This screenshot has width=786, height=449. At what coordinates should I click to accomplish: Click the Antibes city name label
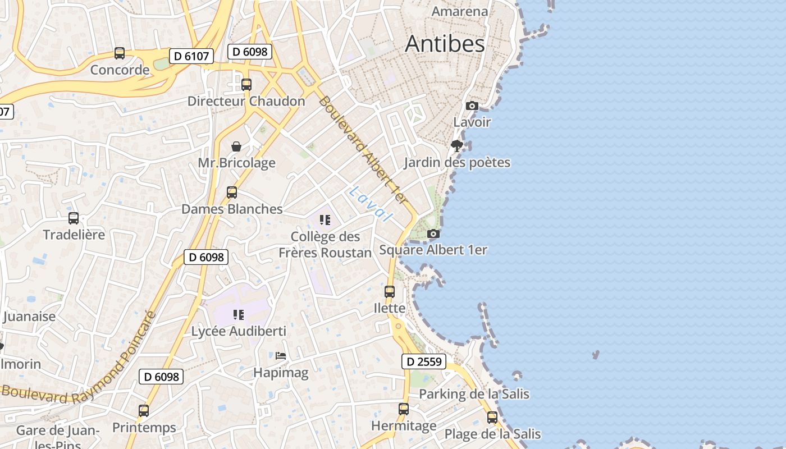(445, 44)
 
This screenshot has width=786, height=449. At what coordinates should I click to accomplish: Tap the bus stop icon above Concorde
(120, 53)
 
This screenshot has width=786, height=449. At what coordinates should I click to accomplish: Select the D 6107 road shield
(191, 56)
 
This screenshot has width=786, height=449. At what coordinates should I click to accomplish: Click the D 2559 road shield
(423, 362)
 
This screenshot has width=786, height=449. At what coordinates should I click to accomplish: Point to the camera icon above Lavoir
(472, 106)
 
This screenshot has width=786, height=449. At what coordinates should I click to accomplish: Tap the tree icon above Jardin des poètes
(457, 146)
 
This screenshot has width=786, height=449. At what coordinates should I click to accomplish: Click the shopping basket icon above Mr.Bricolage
(236, 146)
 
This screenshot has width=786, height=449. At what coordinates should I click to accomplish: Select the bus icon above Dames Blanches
(231, 193)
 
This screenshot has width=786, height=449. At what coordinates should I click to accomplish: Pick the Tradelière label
(74, 235)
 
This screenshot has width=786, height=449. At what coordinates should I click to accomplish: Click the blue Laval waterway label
(369, 204)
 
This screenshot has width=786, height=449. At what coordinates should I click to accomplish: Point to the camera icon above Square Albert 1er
(433, 233)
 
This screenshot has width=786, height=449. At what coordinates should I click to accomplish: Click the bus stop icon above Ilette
(389, 292)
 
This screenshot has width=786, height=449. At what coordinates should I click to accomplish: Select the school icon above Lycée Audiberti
(239, 315)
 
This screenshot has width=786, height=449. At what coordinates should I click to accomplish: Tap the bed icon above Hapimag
(281, 356)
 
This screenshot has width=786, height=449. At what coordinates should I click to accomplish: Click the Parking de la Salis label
(474, 394)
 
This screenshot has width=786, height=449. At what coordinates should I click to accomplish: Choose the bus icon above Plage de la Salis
(492, 418)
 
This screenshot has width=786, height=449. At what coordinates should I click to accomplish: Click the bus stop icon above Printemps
(144, 411)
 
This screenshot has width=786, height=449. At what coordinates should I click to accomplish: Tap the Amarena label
(459, 11)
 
